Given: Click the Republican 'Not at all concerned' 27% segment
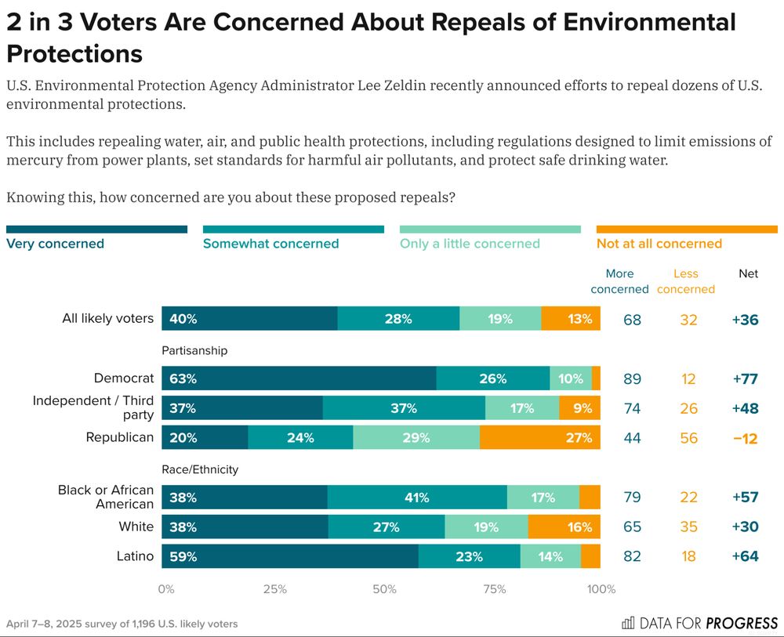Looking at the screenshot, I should tap(539, 438).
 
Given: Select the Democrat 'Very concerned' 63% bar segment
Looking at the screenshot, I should tap(299, 378).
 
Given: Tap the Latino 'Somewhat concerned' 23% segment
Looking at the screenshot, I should tap(469, 557).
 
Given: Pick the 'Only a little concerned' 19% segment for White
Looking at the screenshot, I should tap(486, 527).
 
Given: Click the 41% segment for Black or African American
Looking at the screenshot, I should tap(417, 498).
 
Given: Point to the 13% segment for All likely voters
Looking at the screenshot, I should tap(570, 319).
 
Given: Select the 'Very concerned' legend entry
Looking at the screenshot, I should tap(56, 244).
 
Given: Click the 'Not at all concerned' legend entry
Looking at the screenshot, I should tap(659, 244).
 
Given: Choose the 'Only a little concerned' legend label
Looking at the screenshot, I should tap(470, 244).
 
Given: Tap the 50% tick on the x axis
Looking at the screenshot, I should tap(384, 589).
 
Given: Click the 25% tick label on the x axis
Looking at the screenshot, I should tap(274, 589).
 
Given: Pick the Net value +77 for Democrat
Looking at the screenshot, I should tap(745, 379).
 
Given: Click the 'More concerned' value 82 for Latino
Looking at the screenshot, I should tap(632, 557).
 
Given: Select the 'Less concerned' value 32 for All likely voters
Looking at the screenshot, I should tap(688, 320).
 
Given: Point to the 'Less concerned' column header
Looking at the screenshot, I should tap(686, 281).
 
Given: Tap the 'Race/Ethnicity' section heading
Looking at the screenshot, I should tap(200, 469).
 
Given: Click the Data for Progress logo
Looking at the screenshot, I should tap(699, 623).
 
